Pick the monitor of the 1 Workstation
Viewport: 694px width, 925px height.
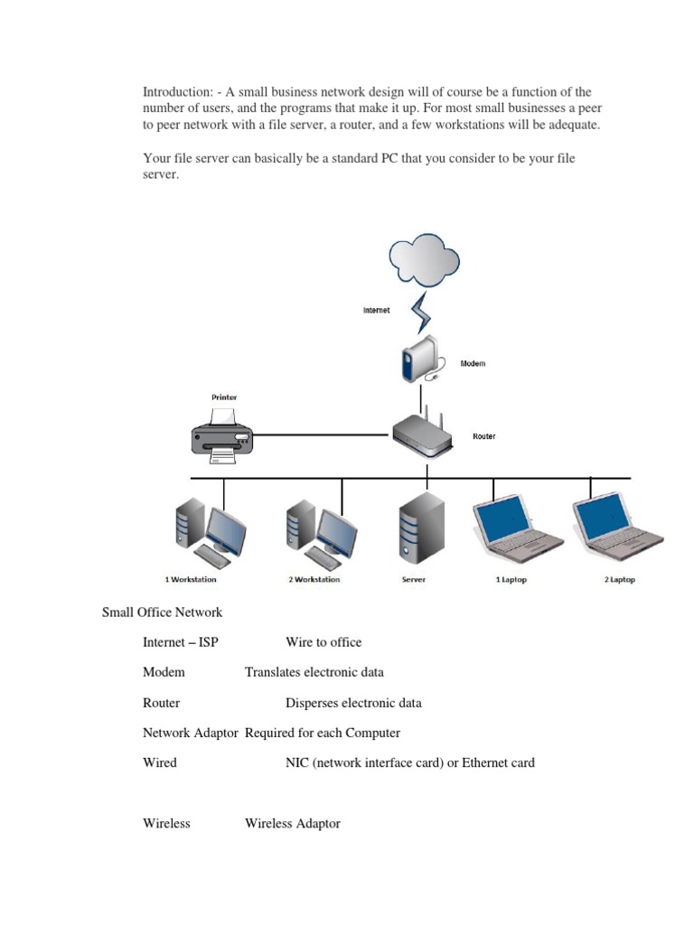(226, 528)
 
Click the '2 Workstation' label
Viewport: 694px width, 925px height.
(314, 579)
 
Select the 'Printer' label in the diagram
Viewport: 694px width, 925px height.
(224, 397)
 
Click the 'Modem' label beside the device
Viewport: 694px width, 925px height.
(473, 363)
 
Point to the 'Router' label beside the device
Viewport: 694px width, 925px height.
(483, 436)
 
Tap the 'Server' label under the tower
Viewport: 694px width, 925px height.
(413, 579)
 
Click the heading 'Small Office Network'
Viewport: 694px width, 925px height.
(162, 612)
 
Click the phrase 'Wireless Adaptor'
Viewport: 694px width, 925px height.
(292, 824)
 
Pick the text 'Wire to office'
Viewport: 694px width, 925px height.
(324, 642)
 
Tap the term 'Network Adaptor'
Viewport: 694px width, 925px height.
(191, 733)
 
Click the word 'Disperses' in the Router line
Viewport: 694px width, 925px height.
(313, 703)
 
